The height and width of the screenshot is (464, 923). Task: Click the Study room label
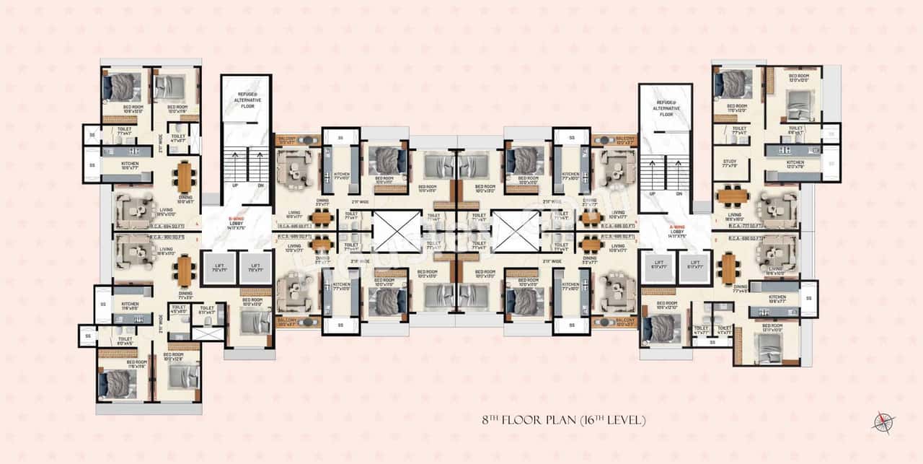[730, 162]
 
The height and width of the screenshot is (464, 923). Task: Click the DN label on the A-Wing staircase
[677, 193]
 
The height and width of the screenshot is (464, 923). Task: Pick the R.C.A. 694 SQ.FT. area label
[167, 226]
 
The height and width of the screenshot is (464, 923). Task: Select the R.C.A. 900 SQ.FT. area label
[167, 236]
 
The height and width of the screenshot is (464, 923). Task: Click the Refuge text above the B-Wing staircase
[246, 100]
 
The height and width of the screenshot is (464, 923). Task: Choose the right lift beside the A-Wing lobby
[696, 266]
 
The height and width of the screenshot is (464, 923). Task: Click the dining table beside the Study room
[733, 194]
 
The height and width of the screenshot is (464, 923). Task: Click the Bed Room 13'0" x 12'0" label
[799, 78]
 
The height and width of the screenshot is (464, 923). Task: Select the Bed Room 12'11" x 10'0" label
[773, 328]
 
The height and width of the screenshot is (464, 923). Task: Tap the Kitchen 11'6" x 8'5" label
[131, 306]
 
